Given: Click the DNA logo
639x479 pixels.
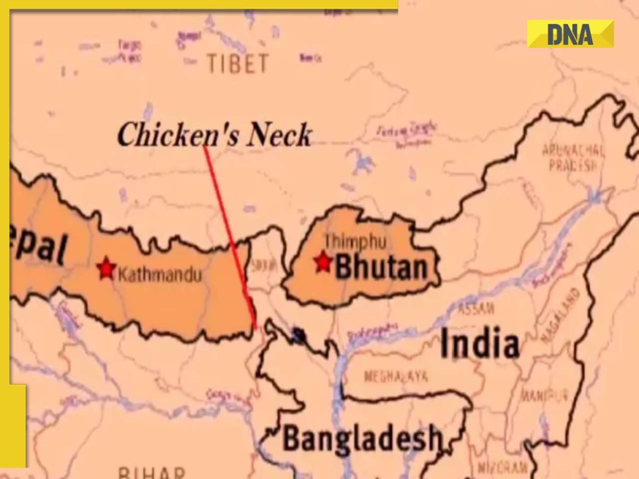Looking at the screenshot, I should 570,34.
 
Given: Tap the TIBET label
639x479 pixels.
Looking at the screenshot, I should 238,64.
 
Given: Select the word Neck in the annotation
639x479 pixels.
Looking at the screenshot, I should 280,135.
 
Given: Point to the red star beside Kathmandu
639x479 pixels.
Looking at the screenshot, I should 106,269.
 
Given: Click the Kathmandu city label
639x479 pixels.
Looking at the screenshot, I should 160,274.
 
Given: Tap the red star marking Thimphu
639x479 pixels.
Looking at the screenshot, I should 323,261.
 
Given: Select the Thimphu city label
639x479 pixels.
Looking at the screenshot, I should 355,242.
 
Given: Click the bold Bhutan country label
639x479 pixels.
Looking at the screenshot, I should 381,267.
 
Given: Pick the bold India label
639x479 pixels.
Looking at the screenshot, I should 479,344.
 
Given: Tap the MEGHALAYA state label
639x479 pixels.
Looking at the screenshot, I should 396,376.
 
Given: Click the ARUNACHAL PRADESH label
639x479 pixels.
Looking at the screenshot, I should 573,157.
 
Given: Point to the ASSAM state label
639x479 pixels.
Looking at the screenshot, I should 476,309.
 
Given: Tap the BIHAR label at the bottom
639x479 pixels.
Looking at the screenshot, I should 151,472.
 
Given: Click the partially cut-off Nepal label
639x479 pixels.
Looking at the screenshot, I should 39,244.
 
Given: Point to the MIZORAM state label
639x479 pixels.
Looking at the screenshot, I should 502,468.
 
